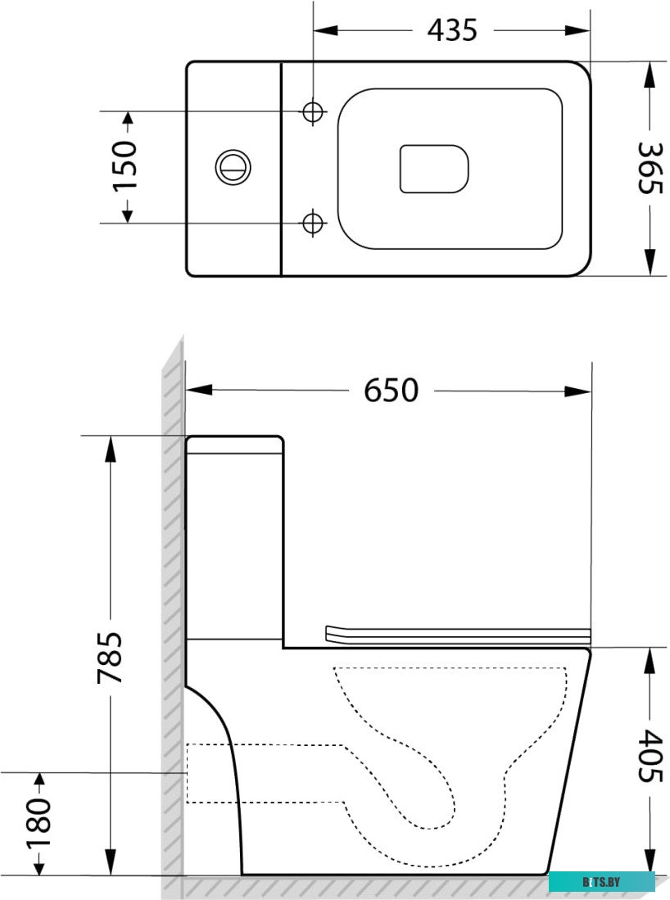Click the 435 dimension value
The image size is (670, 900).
pos(452,29)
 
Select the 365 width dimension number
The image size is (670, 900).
pos(650,169)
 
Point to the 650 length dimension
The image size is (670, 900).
pos(391,391)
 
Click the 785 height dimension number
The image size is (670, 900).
pos(110,657)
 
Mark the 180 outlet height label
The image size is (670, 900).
pos(38,823)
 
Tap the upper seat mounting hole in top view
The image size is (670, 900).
pos(313,111)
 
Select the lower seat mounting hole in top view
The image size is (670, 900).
pos(313,222)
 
